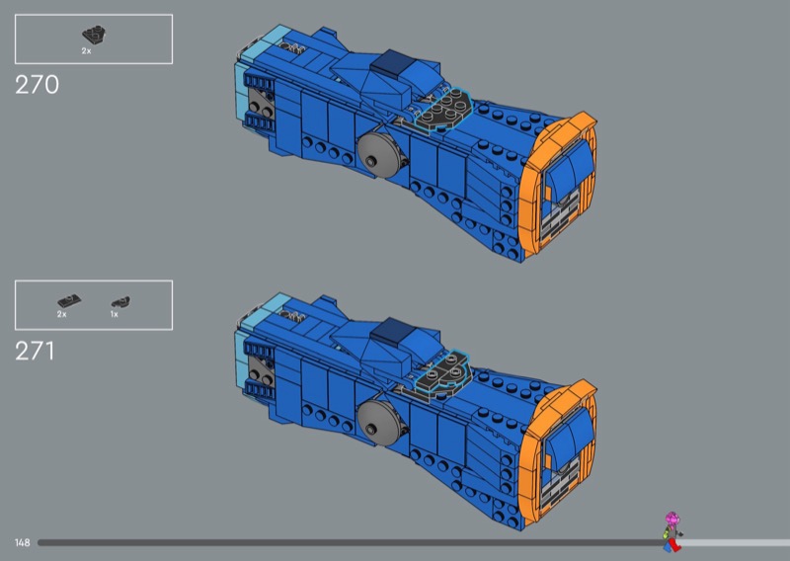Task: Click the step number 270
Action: (x=37, y=85)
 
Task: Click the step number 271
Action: (x=35, y=351)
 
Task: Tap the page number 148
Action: (x=22, y=542)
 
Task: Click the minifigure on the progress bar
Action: (x=672, y=531)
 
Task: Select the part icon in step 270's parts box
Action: (x=94, y=36)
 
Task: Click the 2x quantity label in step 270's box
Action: (x=86, y=51)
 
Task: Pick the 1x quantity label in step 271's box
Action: (x=115, y=314)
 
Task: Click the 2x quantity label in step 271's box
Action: (x=61, y=314)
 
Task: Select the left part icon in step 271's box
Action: (x=69, y=301)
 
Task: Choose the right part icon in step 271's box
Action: (x=120, y=302)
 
